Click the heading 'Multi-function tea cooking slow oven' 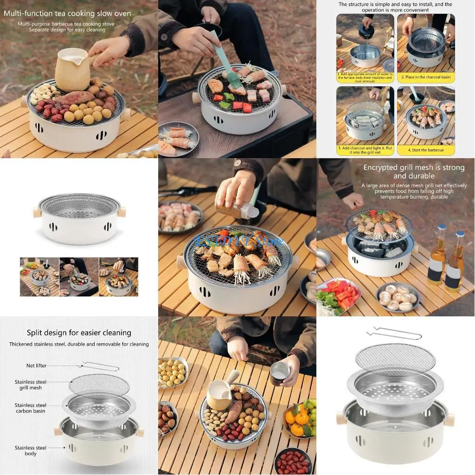67,13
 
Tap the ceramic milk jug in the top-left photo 72,70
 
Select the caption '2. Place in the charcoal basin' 426,77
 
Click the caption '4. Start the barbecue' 426,150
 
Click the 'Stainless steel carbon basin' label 31,408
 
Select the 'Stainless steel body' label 31,450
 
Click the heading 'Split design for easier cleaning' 79,333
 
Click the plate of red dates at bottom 293,462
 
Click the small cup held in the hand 280,373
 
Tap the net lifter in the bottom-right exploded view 394,333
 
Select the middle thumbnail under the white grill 79,277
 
